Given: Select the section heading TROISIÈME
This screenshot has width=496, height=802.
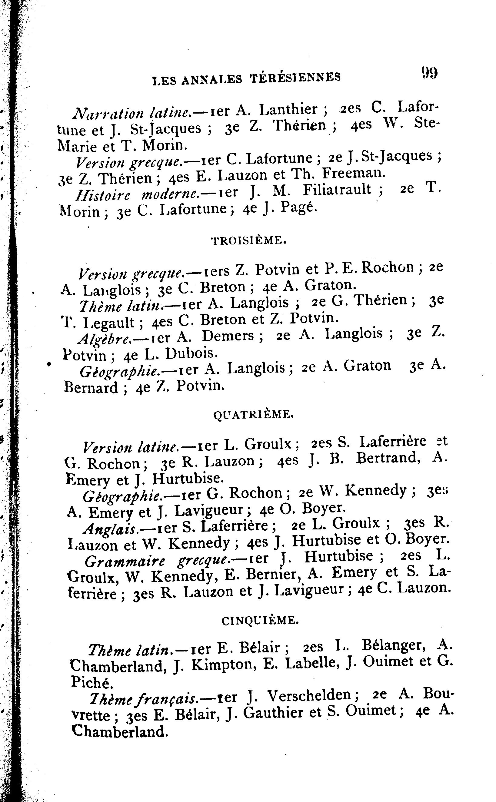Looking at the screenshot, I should click(249, 241).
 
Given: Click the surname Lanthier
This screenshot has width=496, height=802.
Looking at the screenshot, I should click(288, 109).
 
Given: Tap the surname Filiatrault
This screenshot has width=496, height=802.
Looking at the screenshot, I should click(337, 190).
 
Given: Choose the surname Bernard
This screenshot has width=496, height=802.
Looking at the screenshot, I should click(91, 388).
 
